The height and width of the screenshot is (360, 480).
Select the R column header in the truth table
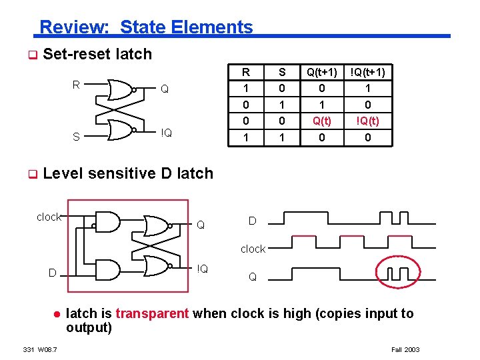click(246, 72)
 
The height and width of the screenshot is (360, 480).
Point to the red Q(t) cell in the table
click(323, 121)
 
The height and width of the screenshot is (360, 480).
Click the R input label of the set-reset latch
click(76, 85)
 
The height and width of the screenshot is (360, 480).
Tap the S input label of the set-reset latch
click(76, 137)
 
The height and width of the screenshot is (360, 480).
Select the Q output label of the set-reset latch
click(164, 89)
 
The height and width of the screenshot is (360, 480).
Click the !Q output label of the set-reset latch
click(166, 133)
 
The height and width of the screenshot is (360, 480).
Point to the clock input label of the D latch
click(49, 217)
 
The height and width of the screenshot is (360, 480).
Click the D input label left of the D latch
click(52, 272)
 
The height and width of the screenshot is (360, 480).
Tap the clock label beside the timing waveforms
click(253, 249)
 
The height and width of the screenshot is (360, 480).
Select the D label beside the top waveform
click(252, 221)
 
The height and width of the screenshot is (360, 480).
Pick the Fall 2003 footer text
click(405, 349)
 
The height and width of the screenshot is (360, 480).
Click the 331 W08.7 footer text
click(40, 349)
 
